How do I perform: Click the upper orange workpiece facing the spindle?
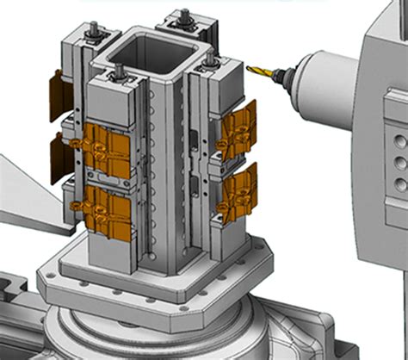tap(238, 128)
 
